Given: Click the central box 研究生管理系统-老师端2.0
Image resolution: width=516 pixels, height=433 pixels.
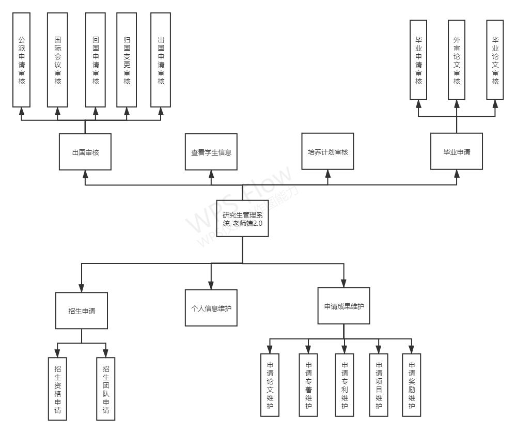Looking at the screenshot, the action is pyautogui.click(x=242, y=218).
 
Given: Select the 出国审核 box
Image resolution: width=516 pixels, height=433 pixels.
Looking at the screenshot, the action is pyautogui.click(x=85, y=151).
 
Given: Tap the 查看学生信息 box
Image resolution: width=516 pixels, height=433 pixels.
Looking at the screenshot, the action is pyautogui.click(x=211, y=151).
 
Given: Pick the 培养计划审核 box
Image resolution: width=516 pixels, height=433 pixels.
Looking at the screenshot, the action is pyautogui.click(x=327, y=151).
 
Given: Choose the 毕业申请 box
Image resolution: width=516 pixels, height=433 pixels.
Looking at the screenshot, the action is pyautogui.click(x=457, y=151).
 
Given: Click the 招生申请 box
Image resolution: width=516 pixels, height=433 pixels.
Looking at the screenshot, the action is pyautogui.click(x=82, y=311).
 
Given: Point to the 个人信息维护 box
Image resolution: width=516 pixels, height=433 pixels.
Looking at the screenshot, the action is pyautogui.click(x=211, y=307).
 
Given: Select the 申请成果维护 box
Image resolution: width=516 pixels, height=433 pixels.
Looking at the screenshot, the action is pyautogui.click(x=343, y=305).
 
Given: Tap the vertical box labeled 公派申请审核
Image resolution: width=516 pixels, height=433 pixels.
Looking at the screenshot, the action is pyautogui.click(x=22, y=59).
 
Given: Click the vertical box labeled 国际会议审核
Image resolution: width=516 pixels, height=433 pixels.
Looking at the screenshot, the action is pyautogui.click(x=57, y=59).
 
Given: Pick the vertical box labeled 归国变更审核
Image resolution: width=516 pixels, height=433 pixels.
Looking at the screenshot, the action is pyautogui.click(x=127, y=59).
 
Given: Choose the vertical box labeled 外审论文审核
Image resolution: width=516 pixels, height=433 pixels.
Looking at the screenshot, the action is pyautogui.click(x=457, y=59).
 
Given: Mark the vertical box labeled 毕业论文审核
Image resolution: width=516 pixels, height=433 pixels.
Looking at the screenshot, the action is pyautogui.click(x=495, y=59).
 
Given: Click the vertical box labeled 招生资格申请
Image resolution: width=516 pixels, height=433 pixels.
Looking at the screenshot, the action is pyautogui.click(x=57, y=389).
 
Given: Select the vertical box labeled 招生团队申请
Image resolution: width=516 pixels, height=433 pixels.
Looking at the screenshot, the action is pyautogui.click(x=106, y=389).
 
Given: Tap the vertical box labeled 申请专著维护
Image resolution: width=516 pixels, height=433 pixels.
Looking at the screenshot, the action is pyautogui.click(x=308, y=385).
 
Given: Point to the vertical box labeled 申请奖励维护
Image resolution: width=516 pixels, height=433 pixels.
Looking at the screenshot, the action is pyautogui.click(x=412, y=385).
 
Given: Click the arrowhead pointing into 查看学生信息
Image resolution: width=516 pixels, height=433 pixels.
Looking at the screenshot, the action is pyautogui.click(x=211, y=174).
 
